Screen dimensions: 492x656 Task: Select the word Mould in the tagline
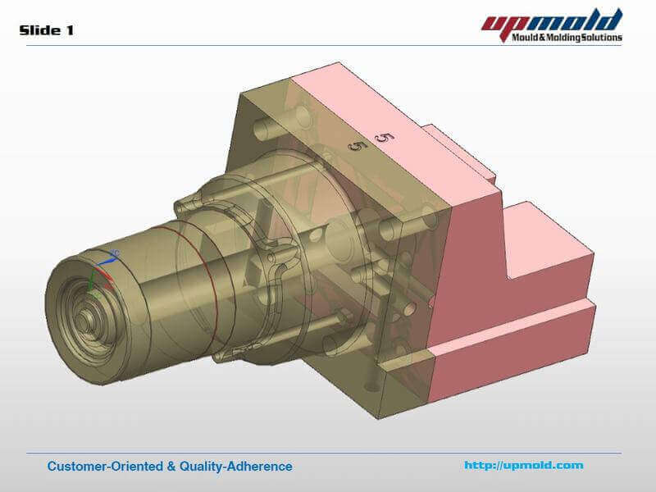(x=525, y=37)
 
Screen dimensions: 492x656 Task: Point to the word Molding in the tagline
(x=563, y=37)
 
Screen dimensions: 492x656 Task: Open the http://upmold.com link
(x=523, y=466)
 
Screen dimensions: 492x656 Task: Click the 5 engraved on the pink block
(x=380, y=136)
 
